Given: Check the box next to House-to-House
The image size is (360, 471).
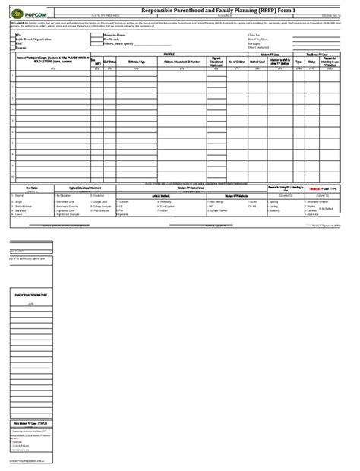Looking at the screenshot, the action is (90, 35).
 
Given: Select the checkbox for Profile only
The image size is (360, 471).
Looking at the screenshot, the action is (90, 40).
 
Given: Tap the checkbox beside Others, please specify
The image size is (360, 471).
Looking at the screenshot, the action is (90, 44).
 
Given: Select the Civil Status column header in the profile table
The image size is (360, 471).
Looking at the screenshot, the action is (109, 62).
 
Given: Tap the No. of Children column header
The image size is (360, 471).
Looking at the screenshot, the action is (239, 62).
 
